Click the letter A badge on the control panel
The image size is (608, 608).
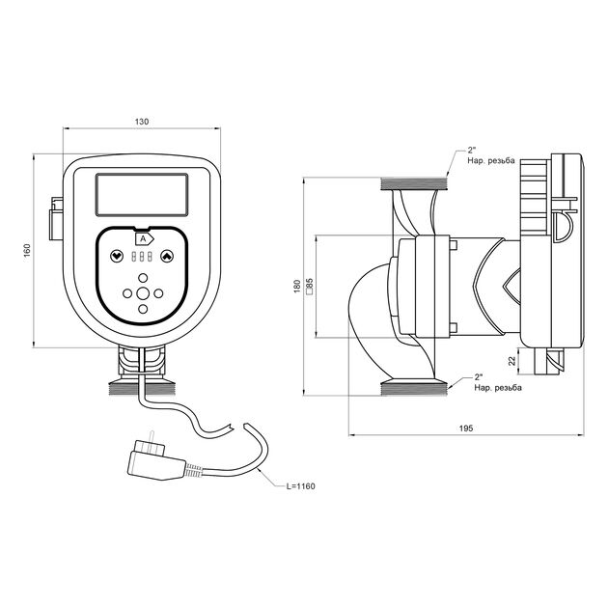[142, 237]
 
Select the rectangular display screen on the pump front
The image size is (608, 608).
[142, 196]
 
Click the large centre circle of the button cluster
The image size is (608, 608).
[143, 293]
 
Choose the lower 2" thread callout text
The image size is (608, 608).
[496, 382]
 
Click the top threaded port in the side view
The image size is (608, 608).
[416, 182]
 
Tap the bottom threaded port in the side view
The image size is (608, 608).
[416, 388]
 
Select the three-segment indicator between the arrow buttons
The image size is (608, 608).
[142, 258]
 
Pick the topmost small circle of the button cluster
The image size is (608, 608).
[143, 277]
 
